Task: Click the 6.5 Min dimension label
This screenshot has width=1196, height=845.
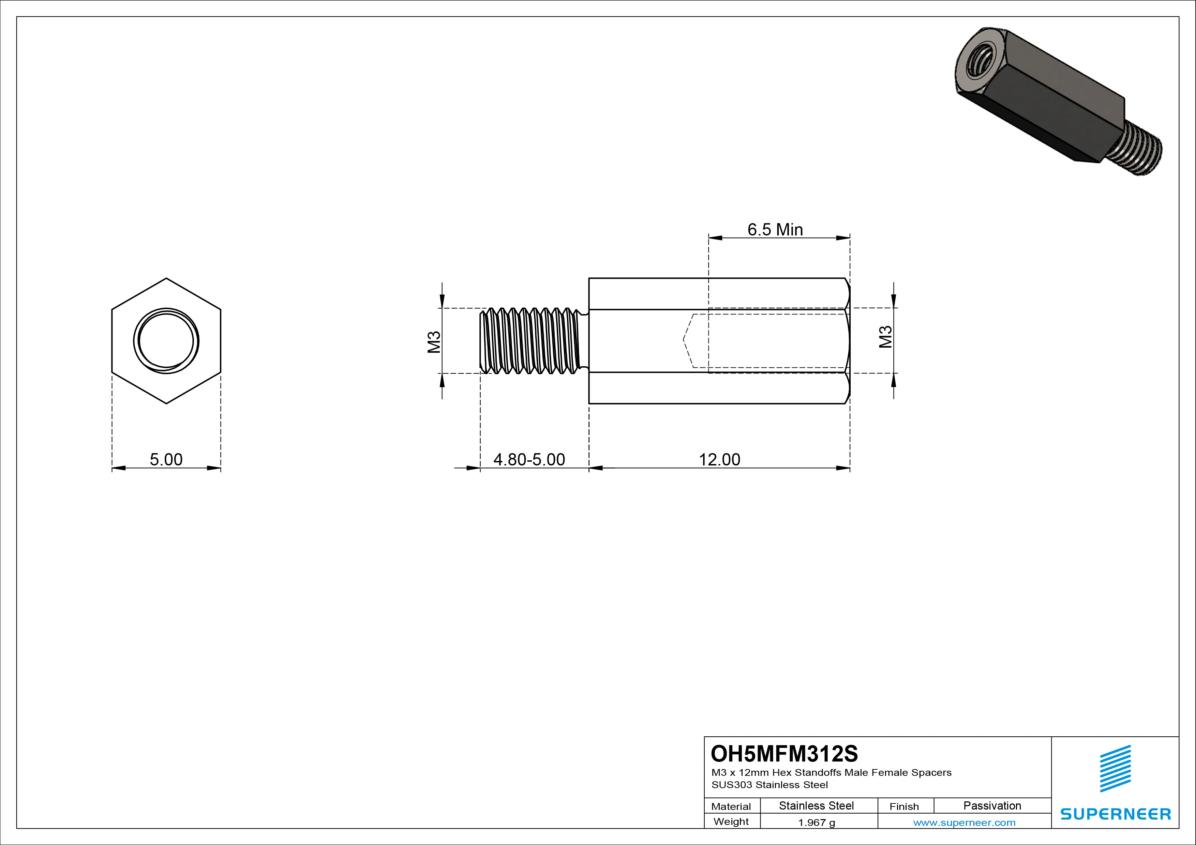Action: [775, 230]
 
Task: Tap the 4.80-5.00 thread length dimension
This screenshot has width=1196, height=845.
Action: [529, 459]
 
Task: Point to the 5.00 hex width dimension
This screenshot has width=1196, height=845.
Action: [166, 459]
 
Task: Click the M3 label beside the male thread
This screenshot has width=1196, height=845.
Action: [434, 341]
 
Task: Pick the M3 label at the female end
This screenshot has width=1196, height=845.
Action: [885, 337]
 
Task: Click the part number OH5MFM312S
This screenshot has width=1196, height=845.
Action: [784, 753]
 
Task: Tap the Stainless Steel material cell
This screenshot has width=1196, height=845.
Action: [816, 805]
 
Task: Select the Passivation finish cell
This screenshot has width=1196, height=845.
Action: [992, 805]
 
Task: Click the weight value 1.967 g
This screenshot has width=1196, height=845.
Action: [816, 823]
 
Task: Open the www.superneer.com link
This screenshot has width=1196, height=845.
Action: [964, 823]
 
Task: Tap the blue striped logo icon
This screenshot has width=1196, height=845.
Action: [1115, 768]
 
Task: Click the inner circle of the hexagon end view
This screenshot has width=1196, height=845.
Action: [166, 341]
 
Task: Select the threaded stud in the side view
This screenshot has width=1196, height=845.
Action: [531, 341]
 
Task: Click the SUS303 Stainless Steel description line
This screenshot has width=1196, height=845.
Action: [769, 785]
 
